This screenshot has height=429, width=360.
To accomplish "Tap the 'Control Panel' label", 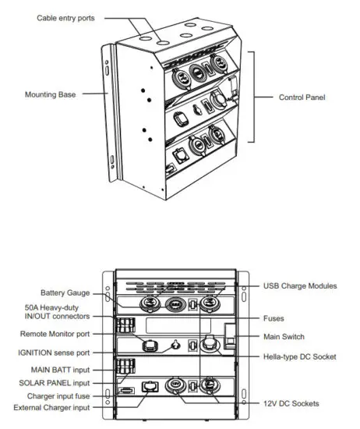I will click(302, 97).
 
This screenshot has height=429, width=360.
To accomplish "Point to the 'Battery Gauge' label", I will click(65, 292).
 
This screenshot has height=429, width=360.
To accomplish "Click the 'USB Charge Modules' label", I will click(300, 286).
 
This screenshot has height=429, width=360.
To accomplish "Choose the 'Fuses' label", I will click(274, 318).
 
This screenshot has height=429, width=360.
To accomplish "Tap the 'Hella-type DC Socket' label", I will click(299, 356).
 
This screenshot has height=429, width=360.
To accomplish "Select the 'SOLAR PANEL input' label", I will click(55, 382).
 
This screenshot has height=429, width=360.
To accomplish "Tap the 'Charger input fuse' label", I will click(57, 395).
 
